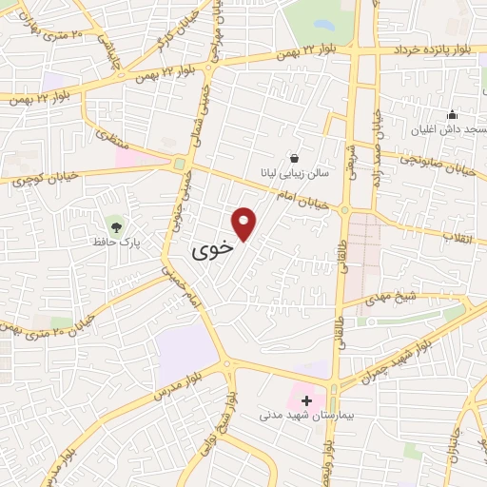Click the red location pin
point(245,223)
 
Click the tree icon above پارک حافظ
point(116,226)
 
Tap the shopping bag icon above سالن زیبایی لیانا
point(295,158)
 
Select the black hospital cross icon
point(306,400)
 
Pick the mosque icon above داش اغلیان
point(452,113)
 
